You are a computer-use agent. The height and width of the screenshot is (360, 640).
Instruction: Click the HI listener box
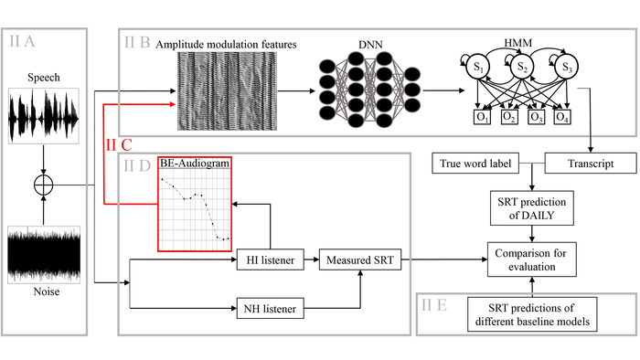[x=271, y=260]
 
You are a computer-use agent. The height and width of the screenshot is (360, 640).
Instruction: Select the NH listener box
[x=271, y=310]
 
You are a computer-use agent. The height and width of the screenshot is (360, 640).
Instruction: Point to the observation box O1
[x=480, y=117]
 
